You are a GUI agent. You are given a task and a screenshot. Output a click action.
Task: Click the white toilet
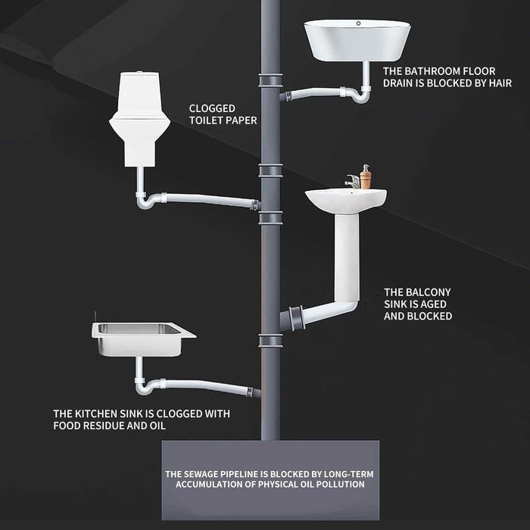[x=139, y=119]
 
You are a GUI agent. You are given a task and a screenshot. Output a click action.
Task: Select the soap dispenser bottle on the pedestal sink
[x=366, y=176]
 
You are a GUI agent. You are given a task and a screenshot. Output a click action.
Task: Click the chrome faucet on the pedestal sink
[x=353, y=181]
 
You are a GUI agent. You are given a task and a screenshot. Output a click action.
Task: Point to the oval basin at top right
[x=357, y=40]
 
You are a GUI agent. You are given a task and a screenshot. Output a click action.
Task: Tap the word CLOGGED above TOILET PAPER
[x=212, y=108]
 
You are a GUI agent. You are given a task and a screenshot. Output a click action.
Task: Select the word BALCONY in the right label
[x=429, y=292]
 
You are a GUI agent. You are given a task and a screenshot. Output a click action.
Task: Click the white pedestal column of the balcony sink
[x=347, y=257]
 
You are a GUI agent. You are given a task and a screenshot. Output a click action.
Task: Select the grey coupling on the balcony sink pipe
[x=297, y=317]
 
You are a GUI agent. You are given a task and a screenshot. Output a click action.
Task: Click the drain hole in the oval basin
[x=358, y=23]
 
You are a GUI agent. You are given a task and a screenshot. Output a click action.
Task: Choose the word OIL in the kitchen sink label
[x=157, y=426]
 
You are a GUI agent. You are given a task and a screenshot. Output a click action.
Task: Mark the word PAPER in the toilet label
[x=242, y=120]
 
